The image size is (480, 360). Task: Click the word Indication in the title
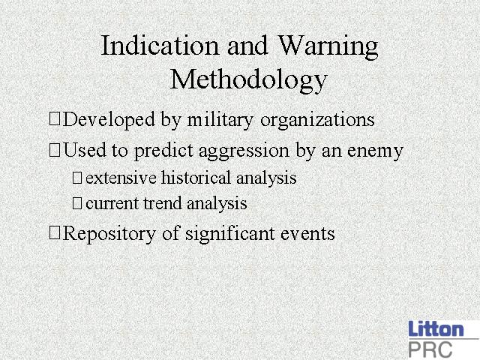point(160,45)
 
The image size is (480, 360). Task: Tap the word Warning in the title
point(328,46)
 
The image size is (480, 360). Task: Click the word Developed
point(109,120)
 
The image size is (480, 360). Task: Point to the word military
point(220,120)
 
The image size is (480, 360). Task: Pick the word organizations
point(317,120)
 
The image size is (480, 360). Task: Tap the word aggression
point(244,151)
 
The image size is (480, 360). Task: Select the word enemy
point(375,151)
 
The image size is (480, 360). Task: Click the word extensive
point(121,178)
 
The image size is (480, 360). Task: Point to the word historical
point(196,178)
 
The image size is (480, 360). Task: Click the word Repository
point(109,234)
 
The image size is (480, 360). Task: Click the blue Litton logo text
point(436,329)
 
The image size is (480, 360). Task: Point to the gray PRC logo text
point(430,349)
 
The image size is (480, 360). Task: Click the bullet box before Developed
point(55,119)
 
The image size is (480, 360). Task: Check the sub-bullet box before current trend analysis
point(76,203)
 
